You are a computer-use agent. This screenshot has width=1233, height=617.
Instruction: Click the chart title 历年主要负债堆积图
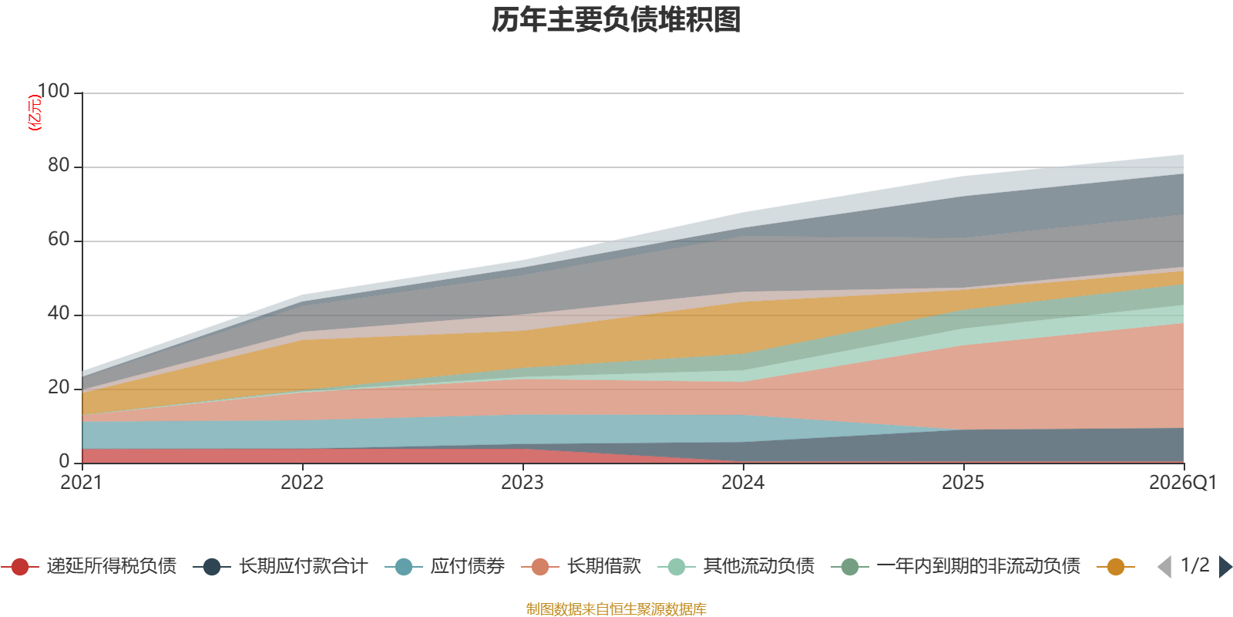click(x=616, y=20)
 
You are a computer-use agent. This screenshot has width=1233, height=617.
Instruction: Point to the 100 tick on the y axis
click(x=54, y=92)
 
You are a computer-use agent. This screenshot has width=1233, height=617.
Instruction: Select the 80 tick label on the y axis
click(x=59, y=166)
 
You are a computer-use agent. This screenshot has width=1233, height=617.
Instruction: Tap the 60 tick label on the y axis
click(x=59, y=240)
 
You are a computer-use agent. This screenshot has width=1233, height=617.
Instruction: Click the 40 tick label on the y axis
click(x=59, y=314)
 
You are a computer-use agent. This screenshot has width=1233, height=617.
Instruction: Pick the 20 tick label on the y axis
click(x=59, y=388)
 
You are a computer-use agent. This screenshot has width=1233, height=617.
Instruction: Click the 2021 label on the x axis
click(x=82, y=483)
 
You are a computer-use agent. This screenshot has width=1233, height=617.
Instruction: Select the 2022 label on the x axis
click(x=302, y=483)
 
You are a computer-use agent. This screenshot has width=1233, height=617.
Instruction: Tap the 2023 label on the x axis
click(x=522, y=483)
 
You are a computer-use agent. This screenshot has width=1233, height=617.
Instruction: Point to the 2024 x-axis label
click(x=743, y=483)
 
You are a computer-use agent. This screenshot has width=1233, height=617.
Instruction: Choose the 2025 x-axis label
click(x=963, y=483)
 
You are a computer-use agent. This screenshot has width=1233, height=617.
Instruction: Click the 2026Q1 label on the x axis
click(x=1182, y=483)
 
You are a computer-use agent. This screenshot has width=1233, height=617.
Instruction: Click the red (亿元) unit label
click(x=35, y=113)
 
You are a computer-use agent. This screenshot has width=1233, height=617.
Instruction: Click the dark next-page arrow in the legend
click(x=1225, y=567)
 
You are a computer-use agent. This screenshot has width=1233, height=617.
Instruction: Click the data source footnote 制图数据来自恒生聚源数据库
click(x=616, y=609)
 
